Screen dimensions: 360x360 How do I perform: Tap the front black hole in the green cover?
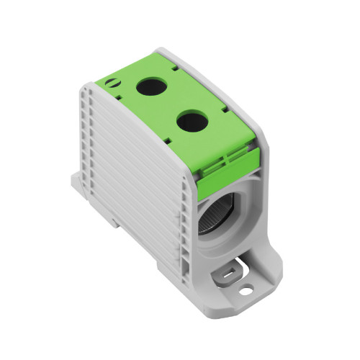pyautogui.click(x=191, y=121)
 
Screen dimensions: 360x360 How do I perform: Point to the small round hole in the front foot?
pyautogui.click(x=246, y=289)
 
